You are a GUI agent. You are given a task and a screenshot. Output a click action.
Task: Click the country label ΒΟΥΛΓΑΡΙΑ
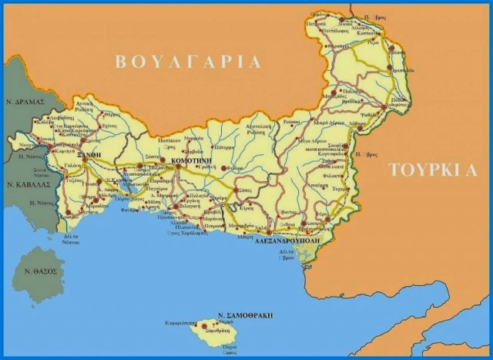187,61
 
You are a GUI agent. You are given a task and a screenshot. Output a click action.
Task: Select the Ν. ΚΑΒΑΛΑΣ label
27,185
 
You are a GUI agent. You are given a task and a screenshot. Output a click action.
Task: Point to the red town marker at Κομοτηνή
163,163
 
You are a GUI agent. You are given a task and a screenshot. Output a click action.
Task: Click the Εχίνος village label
110,126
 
